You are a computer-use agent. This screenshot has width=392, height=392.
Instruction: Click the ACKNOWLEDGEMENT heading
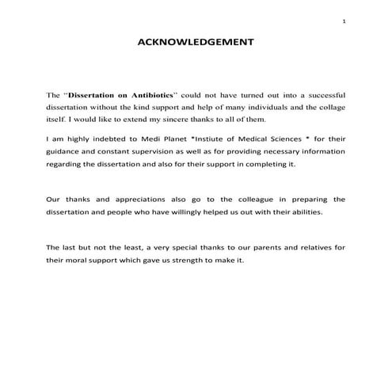(196, 43)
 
